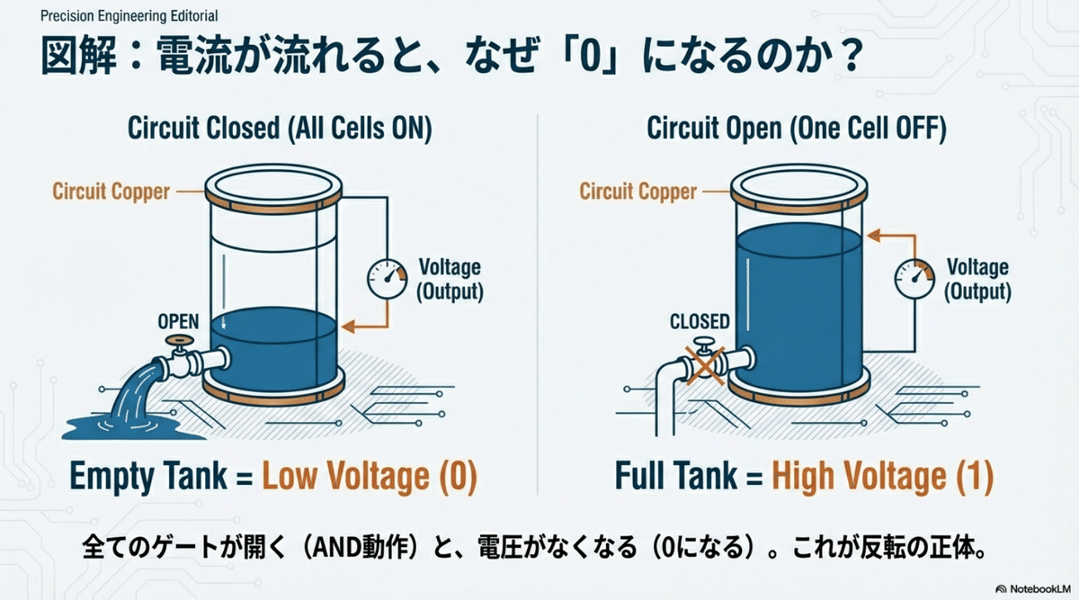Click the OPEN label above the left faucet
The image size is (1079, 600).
(178, 321)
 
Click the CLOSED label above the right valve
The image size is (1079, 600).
(700, 321)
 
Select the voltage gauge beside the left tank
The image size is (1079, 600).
(388, 279)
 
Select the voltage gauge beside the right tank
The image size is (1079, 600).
(914, 279)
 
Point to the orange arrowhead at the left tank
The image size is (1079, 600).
(348, 327)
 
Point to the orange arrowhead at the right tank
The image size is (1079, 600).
(874, 236)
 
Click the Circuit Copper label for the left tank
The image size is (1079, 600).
(111, 192)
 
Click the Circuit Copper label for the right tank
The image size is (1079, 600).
(638, 192)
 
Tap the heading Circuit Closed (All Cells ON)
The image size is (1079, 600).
(280, 129)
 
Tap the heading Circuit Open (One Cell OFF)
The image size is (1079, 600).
(797, 129)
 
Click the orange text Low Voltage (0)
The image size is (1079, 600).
(370, 476)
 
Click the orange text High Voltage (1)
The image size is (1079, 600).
(882, 476)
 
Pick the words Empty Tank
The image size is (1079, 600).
(148, 476)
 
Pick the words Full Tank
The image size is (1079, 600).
(676, 476)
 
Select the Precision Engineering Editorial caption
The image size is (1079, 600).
(129, 16)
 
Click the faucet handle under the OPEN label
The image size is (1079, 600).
(179, 341)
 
